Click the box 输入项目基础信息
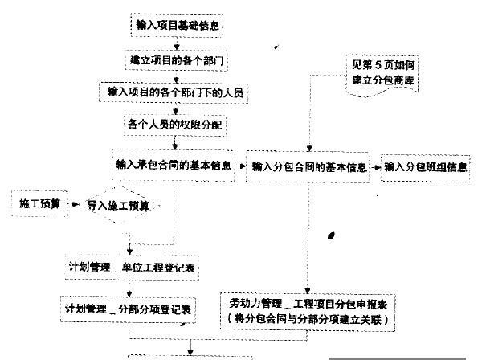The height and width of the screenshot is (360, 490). click(x=175, y=24)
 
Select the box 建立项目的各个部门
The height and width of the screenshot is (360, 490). click(x=175, y=60)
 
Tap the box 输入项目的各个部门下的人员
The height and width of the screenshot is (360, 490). click(x=175, y=92)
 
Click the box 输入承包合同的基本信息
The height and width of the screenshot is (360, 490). click(x=174, y=166)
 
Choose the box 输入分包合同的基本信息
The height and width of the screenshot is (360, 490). click(x=309, y=168)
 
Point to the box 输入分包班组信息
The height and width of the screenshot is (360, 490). click(x=426, y=168)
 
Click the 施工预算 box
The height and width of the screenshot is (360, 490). click(x=39, y=204)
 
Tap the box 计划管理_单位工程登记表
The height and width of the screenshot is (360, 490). click(x=133, y=266)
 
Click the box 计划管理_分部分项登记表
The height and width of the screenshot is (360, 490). click(x=129, y=309)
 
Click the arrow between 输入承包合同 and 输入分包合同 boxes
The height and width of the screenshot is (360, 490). click(x=239, y=168)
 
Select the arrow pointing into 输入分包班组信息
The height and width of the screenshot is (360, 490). click(x=378, y=168)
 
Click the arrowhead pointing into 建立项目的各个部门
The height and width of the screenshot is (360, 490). click(x=176, y=49)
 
